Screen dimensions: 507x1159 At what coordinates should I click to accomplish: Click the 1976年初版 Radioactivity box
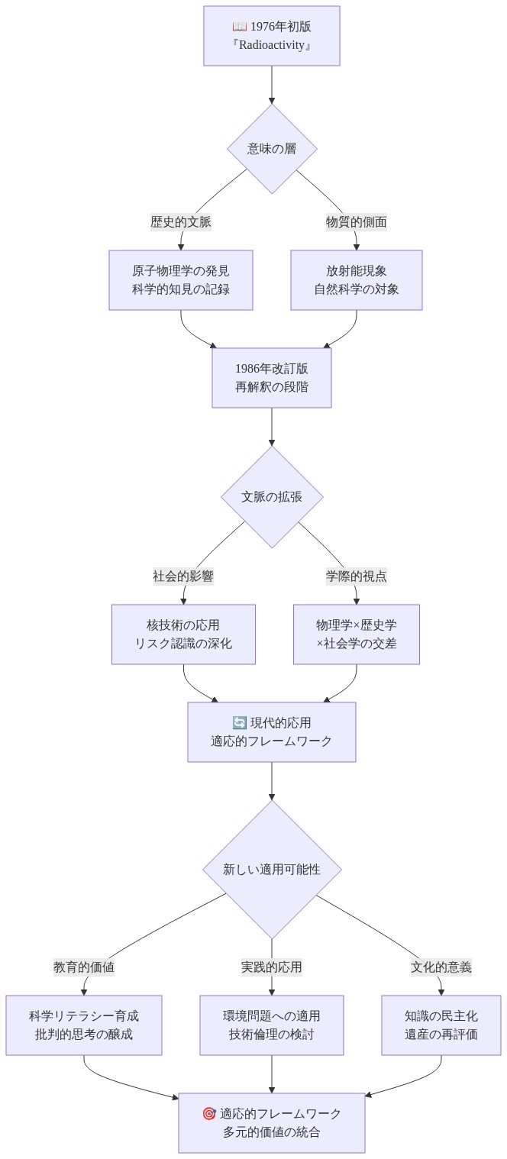pyautogui.click(x=272, y=36)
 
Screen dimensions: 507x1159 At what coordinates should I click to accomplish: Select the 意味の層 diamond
pyautogui.click(x=272, y=149)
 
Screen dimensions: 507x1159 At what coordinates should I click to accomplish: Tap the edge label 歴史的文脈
pyautogui.click(x=181, y=222)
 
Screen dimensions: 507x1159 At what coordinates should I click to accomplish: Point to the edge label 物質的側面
pyautogui.click(x=357, y=222)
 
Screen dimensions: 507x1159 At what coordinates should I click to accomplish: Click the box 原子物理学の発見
pyautogui.click(x=180, y=280)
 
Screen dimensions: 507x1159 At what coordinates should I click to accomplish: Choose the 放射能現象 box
pyautogui.click(x=357, y=280)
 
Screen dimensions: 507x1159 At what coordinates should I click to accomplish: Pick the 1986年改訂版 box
pyautogui.click(x=272, y=378)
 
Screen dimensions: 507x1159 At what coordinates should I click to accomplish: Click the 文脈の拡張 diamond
pyautogui.click(x=272, y=497)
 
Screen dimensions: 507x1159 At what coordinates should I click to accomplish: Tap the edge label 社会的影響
pyautogui.click(x=183, y=576)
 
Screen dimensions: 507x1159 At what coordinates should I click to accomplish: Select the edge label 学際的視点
pyautogui.click(x=357, y=576)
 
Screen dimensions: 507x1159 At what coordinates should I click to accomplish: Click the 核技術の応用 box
pyautogui.click(x=184, y=634)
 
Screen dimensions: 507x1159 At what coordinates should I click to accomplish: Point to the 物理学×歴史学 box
pyautogui.click(x=357, y=634)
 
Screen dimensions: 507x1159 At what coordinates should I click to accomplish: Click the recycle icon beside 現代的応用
pyautogui.click(x=239, y=722)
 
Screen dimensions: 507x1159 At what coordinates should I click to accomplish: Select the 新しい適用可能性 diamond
pyautogui.click(x=272, y=869)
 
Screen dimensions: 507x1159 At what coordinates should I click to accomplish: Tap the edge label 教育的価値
pyautogui.click(x=84, y=967)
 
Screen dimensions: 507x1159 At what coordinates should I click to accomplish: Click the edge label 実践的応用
pyautogui.click(x=272, y=967)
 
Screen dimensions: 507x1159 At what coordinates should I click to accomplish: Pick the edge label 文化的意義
pyautogui.click(x=441, y=967)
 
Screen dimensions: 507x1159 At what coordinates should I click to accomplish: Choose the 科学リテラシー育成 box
pyautogui.click(x=84, y=1025)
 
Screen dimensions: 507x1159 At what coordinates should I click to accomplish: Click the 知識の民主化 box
pyautogui.click(x=441, y=1025)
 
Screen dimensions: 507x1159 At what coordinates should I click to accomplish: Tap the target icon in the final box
pyautogui.click(x=209, y=1113)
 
